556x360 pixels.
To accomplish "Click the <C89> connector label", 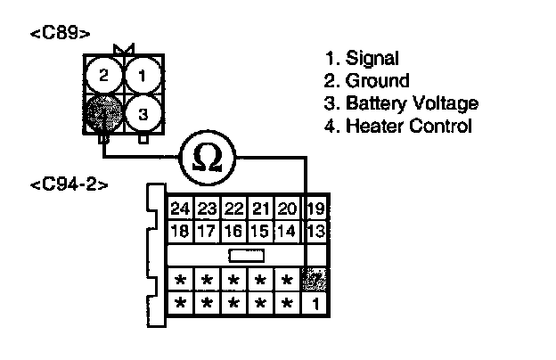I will [60, 34].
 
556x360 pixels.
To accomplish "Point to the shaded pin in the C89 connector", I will [103, 113].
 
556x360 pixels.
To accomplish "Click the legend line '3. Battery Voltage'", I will [401, 103].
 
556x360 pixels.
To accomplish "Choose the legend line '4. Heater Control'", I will [397, 126].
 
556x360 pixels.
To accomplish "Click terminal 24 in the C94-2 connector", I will [180, 210].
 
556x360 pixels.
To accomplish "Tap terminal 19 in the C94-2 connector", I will [315, 210].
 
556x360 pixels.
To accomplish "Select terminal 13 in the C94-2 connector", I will [315, 232].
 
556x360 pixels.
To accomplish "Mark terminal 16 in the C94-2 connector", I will [233, 232].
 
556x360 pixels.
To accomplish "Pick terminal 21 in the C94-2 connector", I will [260, 210].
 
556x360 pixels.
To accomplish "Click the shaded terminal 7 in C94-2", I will [315, 281].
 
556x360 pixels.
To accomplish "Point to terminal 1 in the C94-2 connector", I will [315, 303].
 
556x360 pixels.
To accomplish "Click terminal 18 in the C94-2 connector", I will [180, 232].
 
